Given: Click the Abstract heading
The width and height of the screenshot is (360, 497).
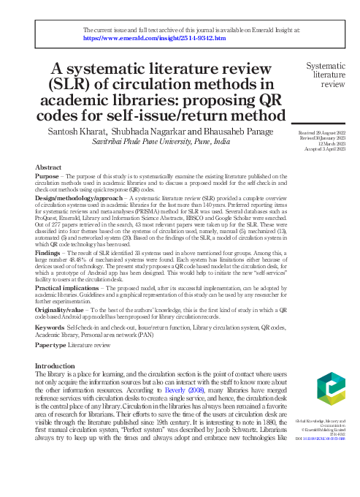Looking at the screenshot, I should click(x=48, y=167).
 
